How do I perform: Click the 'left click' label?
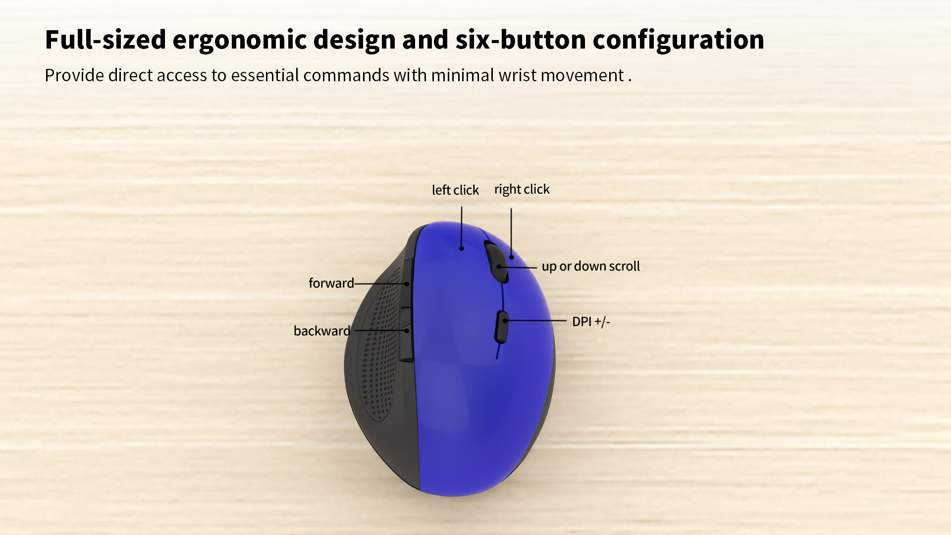pos(455,190)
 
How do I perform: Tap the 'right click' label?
pos(522,190)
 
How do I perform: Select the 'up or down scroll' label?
pos(591,267)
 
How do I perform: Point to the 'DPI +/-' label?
pos(591,321)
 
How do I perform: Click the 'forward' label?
pos(331,283)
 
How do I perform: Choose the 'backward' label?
pos(322,331)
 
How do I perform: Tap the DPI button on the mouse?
pos(501,327)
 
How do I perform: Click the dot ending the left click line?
pos(462,248)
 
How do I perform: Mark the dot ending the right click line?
pos(512,257)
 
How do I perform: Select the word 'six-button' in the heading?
pos(521,39)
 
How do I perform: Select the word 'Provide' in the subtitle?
pos(74,75)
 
